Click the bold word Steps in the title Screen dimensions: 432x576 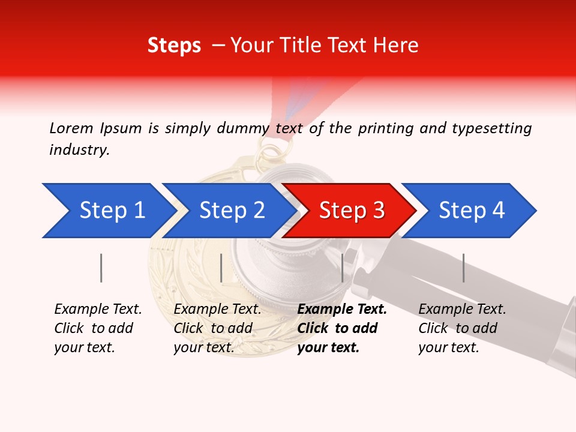point(174,46)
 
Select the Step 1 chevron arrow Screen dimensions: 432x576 point(108,211)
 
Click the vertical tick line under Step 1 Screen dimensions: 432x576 point(101,268)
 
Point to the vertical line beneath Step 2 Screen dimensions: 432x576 point(221,268)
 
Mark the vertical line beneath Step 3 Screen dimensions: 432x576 point(343,268)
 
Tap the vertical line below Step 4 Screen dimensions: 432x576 point(463,268)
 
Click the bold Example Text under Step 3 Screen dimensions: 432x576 point(342,310)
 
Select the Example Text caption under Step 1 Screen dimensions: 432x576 point(98,310)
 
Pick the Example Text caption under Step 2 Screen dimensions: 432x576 point(217,310)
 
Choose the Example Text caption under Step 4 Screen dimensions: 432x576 point(462,310)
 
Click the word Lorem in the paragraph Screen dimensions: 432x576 point(71,128)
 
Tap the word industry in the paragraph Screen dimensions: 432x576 point(79,150)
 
